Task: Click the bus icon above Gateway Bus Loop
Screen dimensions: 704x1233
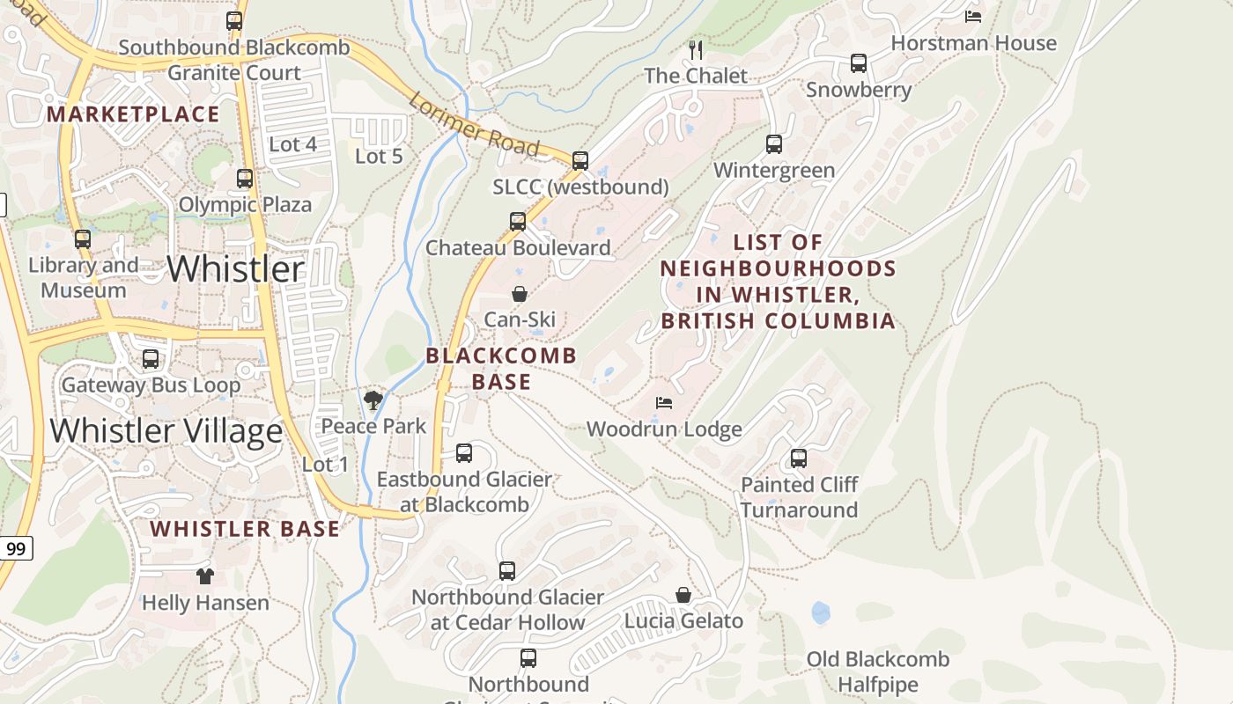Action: [151, 359]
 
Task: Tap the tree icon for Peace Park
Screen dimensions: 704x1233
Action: [373, 400]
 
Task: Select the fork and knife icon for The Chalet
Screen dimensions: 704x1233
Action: [696, 48]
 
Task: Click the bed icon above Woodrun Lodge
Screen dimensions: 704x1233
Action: [664, 403]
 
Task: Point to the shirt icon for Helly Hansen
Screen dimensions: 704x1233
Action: [205, 576]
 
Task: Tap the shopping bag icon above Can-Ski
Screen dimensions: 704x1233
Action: [520, 294]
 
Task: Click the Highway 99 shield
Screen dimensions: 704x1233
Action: [16, 549]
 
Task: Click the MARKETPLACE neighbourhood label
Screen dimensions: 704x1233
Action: [133, 114]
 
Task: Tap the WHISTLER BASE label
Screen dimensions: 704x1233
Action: [244, 529]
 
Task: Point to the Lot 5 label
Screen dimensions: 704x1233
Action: [379, 156]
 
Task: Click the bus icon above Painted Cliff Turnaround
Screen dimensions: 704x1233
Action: [799, 458]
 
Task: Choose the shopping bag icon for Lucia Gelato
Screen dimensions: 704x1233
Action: [683, 596]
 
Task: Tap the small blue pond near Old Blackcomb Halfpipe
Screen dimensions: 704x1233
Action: [821, 612]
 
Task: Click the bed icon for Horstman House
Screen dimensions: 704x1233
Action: [973, 16]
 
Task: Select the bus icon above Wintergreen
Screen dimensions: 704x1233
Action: [774, 144]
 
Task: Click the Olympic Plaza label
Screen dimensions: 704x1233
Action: [245, 205]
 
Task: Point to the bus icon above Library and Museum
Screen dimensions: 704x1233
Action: [83, 239]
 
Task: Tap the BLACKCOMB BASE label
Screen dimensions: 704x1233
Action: [501, 369]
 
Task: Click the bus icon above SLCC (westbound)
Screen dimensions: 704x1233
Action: [580, 161]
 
